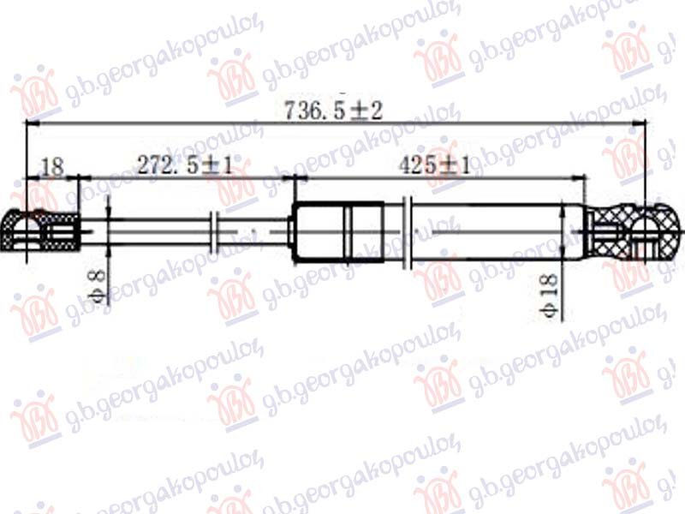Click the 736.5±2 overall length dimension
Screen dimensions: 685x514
[333, 111]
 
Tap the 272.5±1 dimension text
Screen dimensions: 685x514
[185, 165]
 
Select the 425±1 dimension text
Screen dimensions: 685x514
[434, 165]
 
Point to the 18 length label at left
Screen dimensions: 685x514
[52, 166]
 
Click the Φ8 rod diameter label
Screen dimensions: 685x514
[98, 286]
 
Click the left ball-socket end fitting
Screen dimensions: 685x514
[41, 230]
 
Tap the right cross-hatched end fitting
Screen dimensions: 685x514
[634, 231]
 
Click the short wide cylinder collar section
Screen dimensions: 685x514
[338, 232]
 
